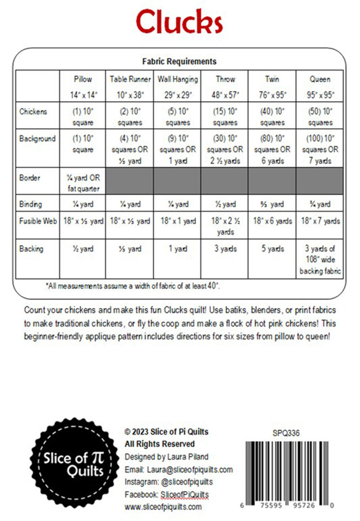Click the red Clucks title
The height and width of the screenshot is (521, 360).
(x=179, y=22)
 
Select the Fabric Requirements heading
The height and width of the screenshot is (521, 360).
(x=179, y=61)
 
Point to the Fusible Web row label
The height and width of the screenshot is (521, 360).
(x=38, y=221)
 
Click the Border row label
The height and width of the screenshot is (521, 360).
(x=30, y=178)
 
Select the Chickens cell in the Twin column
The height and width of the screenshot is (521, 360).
(x=272, y=117)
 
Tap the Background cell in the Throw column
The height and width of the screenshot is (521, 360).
(x=225, y=149)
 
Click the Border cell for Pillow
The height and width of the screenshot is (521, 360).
(x=83, y=183)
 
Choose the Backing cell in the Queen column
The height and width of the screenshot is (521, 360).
(x=320, y=260)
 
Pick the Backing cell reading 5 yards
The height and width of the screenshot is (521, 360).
(x=272, y=249)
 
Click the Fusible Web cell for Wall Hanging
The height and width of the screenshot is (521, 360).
(x=177, y=221)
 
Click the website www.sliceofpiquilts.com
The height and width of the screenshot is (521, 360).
(x=163, y=507)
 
